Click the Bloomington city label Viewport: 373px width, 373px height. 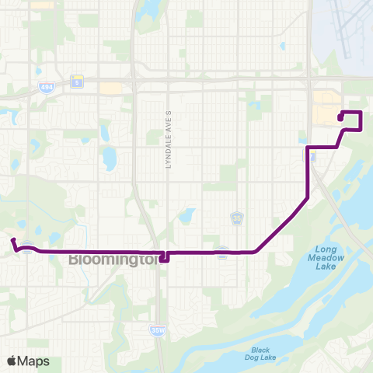tap(113, 260)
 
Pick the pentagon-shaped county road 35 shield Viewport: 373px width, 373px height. tap(237, 218)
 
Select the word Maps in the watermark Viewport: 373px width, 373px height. tap(35, 361)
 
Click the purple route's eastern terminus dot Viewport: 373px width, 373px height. tap(341, 117)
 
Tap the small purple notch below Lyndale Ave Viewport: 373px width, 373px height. tap(163, 259)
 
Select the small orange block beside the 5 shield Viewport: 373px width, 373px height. tap(110, 89)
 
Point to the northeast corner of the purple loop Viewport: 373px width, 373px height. tap(361, 113)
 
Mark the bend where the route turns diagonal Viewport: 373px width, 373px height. tap(256, 252)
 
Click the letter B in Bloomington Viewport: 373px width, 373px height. tap(75, 260)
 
